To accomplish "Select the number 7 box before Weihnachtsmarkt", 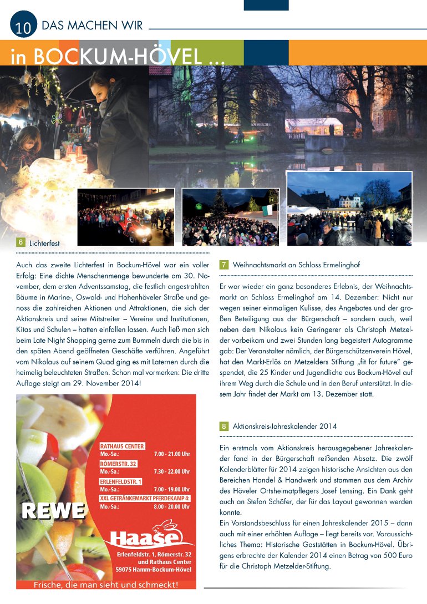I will (224, 265).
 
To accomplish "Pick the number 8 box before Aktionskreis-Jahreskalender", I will (224, 427).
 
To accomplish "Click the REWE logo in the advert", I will (53, 511).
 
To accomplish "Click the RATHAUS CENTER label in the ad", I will (122, 446).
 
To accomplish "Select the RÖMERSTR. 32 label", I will (118, 464).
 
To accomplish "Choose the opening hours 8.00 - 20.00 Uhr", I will (172, 506).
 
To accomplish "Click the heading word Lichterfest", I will (44, 243).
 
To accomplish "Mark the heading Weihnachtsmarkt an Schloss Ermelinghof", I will (297, 265).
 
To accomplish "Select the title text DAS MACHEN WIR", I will (93, 26).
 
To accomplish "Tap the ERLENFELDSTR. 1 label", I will (121, 481).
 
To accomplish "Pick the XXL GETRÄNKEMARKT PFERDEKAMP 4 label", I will (145, 498).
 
